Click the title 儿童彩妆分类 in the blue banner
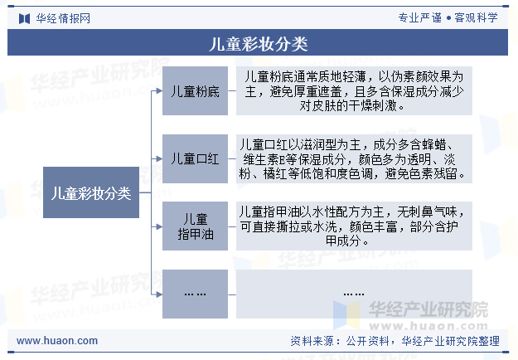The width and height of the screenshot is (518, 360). click(259, 44)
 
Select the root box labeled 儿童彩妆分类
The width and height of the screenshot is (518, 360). click(91, 192)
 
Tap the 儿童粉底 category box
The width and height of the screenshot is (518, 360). click(195, 91)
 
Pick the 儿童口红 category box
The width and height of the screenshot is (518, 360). click(195, 158)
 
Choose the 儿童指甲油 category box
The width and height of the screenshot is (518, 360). click(195, 226)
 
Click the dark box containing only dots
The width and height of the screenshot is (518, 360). click(195, 294)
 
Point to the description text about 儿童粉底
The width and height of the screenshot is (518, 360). click(354, 91)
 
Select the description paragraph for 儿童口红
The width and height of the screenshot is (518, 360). click(352, 159)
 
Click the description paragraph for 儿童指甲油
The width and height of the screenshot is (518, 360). click(352, 226)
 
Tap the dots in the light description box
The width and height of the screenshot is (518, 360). click(354, 294)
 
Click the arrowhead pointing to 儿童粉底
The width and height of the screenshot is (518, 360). click(159, 91)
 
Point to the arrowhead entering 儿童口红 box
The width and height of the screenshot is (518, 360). click(159, 158)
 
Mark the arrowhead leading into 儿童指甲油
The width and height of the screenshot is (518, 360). click(159, 226)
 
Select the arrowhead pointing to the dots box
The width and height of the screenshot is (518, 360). click(159, 294)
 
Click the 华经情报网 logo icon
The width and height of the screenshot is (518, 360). click(24, 18)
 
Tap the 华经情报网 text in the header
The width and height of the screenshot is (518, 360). click(63, 18)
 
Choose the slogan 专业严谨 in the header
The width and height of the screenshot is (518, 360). click(420, 18)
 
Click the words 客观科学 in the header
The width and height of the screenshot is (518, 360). click(476, 18)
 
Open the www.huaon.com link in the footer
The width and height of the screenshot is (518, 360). click(57, 341)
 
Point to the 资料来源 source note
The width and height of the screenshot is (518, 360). click(395, 341)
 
